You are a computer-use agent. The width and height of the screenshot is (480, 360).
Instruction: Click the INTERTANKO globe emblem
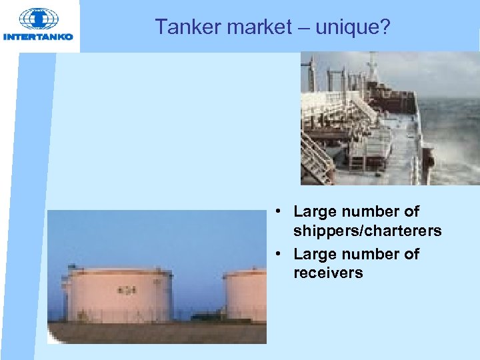click(39, 19)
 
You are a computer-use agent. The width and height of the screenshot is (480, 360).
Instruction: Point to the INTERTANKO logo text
click(39, 37)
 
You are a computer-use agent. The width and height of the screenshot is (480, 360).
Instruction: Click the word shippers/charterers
click(367, 231)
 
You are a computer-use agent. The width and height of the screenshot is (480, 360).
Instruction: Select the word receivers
click(328, 272)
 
